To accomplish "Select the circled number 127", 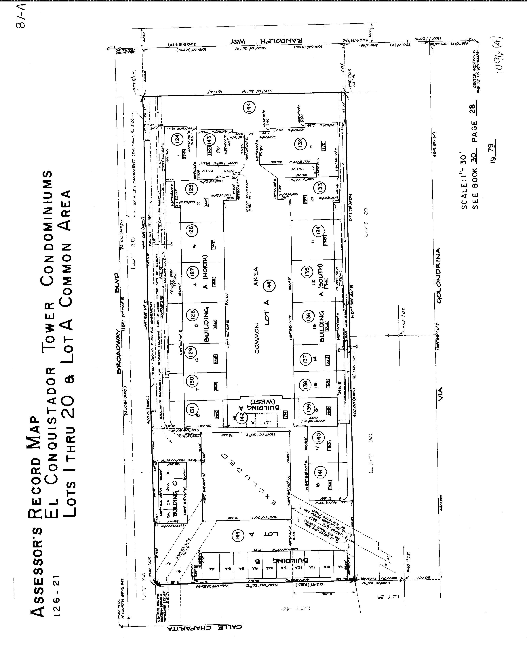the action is (193, 272).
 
